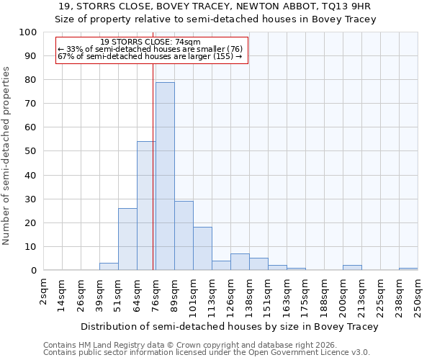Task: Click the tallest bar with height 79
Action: pyautogui.click(x=165, y=176)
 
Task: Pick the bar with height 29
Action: pyautogui.click(x=184, y=235)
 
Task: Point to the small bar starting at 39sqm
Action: pyautogui.click(x=109, y=266)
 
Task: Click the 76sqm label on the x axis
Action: pyautogui.click(x=156, y=294)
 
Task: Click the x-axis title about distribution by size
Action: pyautogui.click(x=230, y=326)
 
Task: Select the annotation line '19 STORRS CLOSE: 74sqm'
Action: pyautogui.click(x=150, y=42)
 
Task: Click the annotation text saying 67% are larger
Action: pyautogui.click(x=149, y=56)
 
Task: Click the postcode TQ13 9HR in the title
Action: pyautogui.click(x=342, y=6)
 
